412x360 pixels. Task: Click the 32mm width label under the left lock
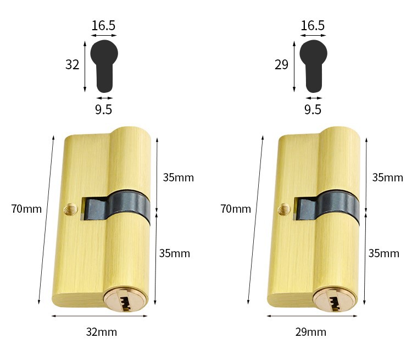click(x=102, y=332)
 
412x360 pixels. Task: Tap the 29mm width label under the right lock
click(x=310, y=332)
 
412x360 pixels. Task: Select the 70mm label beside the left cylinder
click(x=26, y=209)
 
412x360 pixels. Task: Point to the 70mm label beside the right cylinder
click(x=236, y=209)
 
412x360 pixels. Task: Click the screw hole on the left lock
click(x=70, y=209)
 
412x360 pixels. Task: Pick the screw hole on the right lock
click(x=285, y=209)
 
